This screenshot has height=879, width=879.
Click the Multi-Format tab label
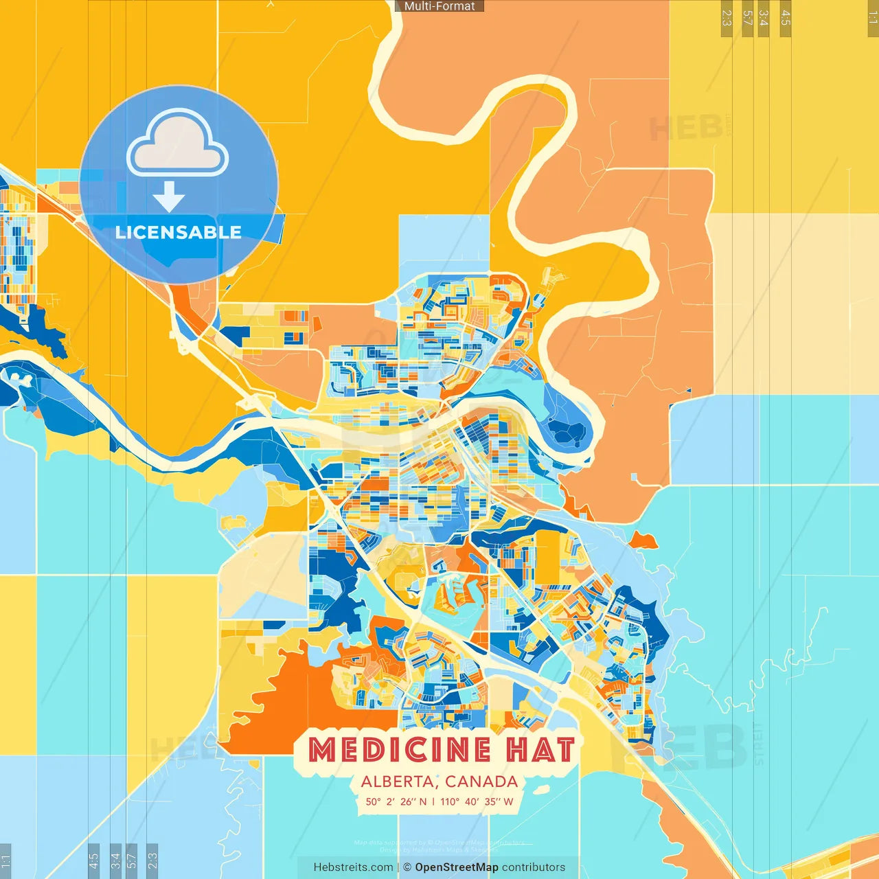click(x=439, y=6)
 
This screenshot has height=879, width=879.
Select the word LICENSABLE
click(x=178, y=232)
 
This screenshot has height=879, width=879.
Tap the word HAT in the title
click(x=540, y=750)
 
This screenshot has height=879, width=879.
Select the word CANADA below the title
click(x=481, y=781)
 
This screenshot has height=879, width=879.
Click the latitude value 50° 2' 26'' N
click(x=396, y=801)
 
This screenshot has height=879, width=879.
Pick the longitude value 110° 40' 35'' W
click(x=477, y=801)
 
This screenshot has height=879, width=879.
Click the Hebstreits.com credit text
click(x=353, y=867)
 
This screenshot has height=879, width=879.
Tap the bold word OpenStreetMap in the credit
click(x=456, y=867)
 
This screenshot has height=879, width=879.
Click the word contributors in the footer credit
click(x=534, y=867)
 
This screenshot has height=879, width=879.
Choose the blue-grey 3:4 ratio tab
click(x=115, y=860)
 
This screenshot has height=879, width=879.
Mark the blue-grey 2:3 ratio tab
click(x=152, y=860)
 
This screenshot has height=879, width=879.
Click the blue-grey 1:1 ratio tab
click(x=5, y=860)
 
